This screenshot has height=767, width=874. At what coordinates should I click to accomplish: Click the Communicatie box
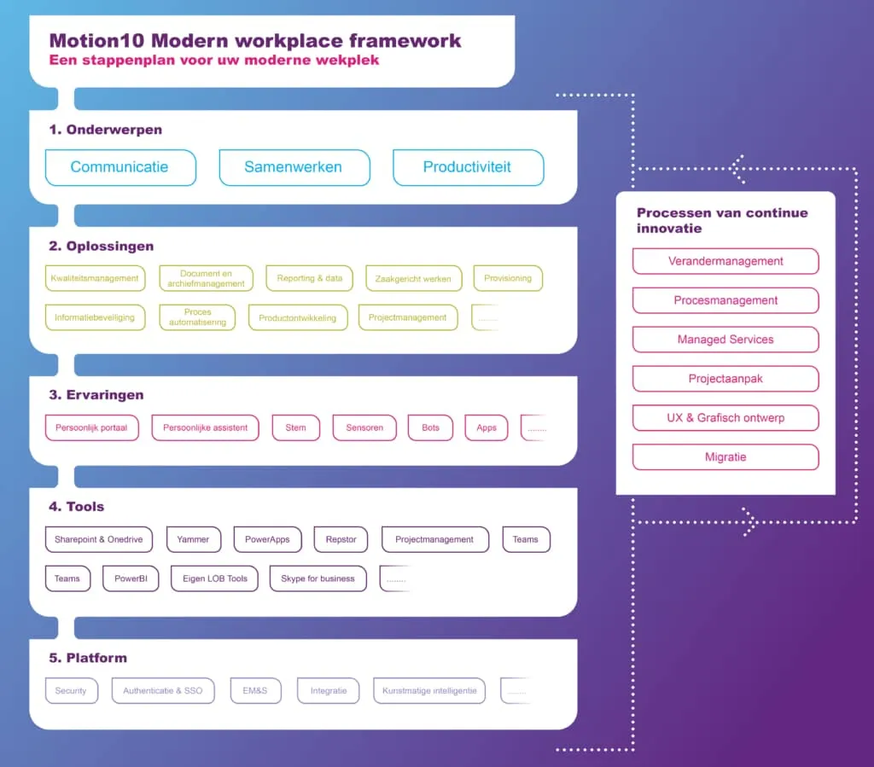coord(119,167)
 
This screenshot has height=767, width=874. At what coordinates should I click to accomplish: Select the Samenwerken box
coord(294,167)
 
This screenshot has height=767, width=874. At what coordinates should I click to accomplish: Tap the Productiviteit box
coord(468,167)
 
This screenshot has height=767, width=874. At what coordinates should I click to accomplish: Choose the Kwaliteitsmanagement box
coord(95,278)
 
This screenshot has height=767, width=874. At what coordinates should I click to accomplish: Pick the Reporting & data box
coord(309,278)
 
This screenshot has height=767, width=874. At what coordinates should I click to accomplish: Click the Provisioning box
coord(508,278)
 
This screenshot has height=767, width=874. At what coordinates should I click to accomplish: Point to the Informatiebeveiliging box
coord(95,317)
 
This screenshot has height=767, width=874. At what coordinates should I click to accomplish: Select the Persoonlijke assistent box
coord(206,427)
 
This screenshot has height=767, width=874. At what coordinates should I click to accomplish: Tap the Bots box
coord(430,427)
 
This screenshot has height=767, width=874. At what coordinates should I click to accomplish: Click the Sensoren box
coord(364,427)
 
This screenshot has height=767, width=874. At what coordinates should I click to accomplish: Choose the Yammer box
coord(193,539)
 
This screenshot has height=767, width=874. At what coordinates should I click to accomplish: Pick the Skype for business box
coord(318,578)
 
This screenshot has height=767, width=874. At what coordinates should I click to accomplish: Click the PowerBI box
coord(131,578)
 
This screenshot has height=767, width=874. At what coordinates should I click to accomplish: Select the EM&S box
coord(255,690)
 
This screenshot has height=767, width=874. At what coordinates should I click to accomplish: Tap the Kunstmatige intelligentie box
coord(429,690)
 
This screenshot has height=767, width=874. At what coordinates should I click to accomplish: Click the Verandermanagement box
coord(725,261)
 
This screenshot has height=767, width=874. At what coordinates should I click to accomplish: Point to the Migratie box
coord(725,457)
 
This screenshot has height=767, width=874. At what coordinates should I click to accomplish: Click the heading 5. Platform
coord(88,658)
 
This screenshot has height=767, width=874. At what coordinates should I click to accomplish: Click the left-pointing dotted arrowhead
coord(736,167)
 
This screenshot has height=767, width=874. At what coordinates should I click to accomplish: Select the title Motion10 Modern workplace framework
coord(255,40)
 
